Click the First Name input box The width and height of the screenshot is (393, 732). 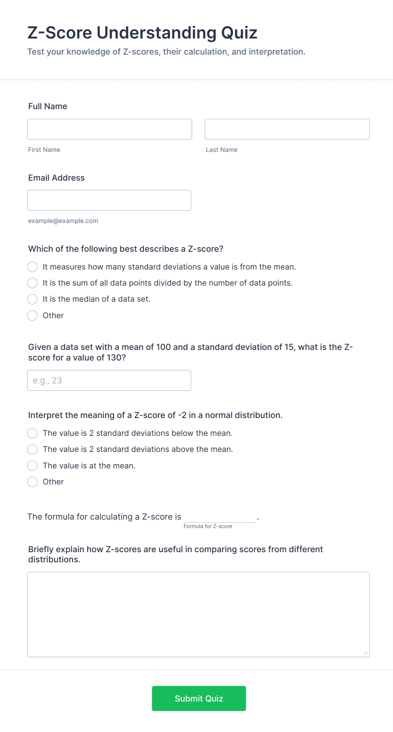point(109,129)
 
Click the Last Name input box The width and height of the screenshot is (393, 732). point(287,129)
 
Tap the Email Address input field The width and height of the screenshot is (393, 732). point(109,200)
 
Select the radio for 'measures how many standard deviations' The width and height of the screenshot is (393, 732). point(33,267)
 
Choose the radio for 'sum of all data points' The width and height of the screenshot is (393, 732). point(33,283)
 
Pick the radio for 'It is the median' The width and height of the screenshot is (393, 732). point(33,299)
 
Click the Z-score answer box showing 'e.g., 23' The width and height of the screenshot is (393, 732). point(109,380)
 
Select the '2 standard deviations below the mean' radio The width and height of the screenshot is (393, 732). point(33,433)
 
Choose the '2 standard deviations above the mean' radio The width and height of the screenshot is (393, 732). point(33,449)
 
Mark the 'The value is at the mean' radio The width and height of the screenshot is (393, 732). point(33,466)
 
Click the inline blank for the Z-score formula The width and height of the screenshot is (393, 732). point(220,517)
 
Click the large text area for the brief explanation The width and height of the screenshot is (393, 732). point(198,614)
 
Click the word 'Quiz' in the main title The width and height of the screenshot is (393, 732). point(239,33)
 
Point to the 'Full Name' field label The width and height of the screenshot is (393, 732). point(48,106)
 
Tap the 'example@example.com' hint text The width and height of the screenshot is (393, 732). point(63,221)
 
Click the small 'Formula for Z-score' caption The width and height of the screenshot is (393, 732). point(208,526)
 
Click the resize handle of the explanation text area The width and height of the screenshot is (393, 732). point(366,653)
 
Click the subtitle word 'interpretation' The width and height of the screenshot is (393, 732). point(276,52)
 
